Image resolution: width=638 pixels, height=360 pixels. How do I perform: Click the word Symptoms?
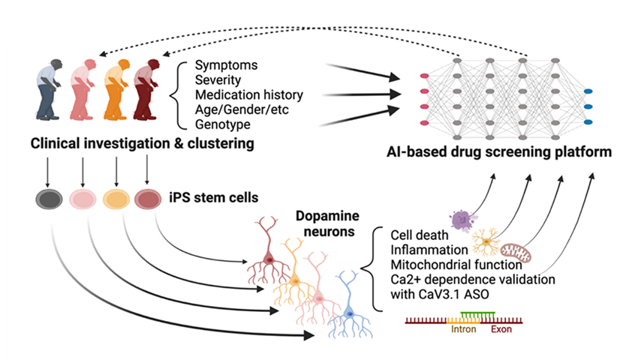pos(227,64)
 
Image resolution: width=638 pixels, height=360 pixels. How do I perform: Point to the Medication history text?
pos(249,95)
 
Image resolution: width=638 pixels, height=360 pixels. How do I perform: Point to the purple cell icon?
pos(460,219)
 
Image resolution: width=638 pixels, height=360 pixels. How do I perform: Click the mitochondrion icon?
pos(516,252)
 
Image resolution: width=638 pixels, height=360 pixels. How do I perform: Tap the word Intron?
pos(463,328)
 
